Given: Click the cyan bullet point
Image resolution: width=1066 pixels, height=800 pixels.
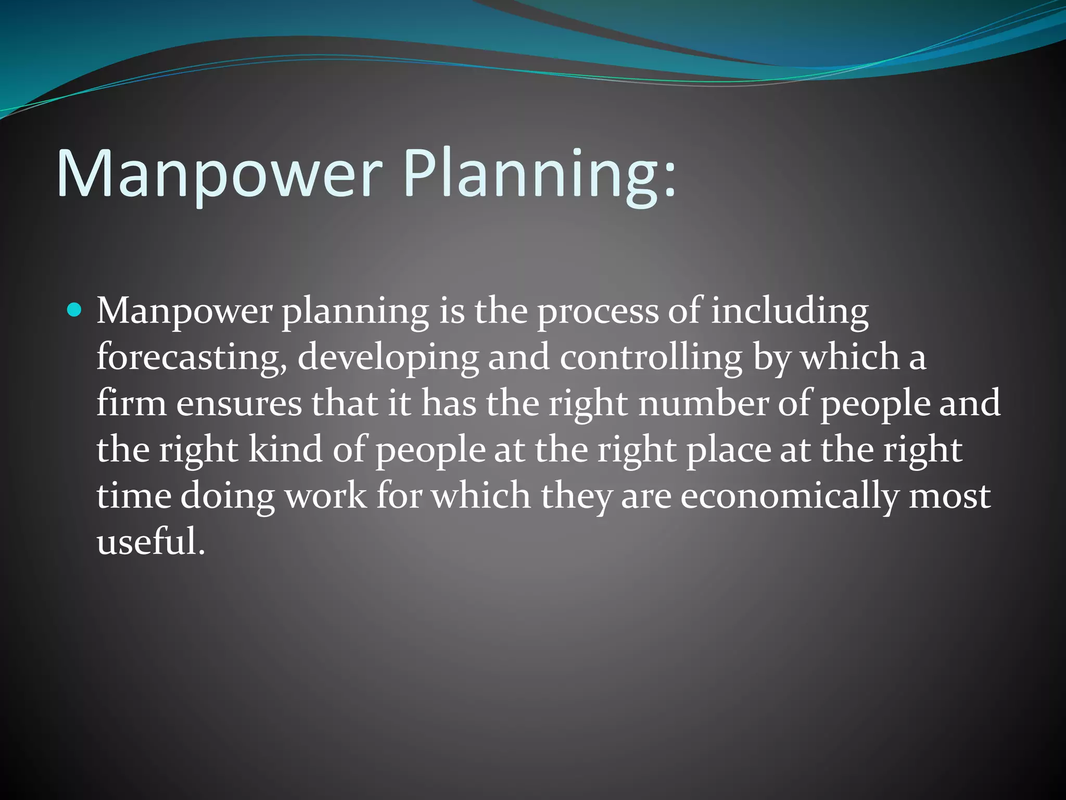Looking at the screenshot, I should [75, 311].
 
